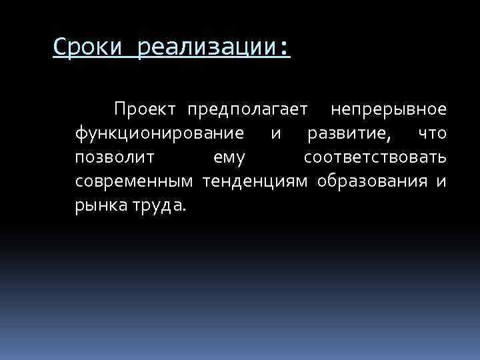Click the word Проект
145,108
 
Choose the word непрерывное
390,108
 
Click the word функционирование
159,133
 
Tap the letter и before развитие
276,133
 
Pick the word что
433,133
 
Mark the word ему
230,159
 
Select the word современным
134,181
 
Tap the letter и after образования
441,181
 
